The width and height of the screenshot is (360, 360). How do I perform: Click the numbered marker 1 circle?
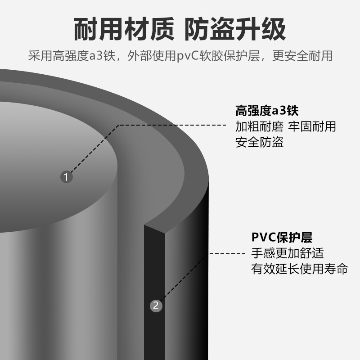[66, 177]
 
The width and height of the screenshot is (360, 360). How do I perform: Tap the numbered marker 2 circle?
[156, 306]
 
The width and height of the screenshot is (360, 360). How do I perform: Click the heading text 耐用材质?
[124, 30]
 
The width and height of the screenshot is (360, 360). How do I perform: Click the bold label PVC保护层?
[282, 237]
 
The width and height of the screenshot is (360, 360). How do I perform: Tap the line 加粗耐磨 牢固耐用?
[286, 126]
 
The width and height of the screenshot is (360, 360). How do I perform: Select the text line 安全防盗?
[260, 143]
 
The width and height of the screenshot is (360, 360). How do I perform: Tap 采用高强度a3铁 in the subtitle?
[72, 56]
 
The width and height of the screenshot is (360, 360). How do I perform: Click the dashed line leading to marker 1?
[171, 125]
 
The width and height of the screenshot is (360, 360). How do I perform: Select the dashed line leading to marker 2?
[225, 254]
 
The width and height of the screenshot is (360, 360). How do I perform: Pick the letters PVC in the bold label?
[262, 237]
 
